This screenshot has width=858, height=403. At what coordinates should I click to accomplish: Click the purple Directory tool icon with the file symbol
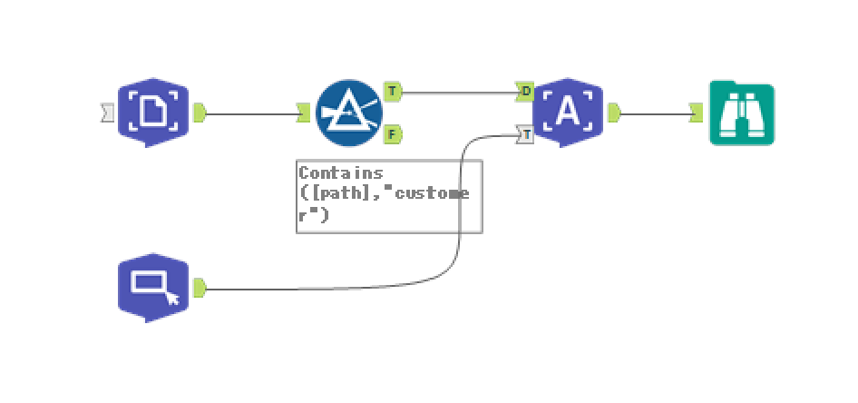[153, 112]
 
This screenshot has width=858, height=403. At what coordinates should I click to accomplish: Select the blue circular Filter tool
[349, 113]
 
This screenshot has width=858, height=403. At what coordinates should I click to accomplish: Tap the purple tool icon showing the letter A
[567, 112]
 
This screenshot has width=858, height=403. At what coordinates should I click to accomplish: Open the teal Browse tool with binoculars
[742, 113]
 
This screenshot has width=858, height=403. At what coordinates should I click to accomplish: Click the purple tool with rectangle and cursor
[153, 287]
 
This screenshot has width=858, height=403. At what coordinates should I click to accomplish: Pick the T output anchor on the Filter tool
[392, 91]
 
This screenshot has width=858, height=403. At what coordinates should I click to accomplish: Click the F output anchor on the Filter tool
[392, 134]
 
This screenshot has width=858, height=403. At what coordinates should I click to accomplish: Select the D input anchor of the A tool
[525, 91]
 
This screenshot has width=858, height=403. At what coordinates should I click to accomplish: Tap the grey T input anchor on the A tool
[525, 134]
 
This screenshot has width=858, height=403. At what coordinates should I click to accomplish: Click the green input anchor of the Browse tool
[696, 113]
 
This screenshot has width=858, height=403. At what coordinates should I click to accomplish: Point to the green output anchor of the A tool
[613, 113]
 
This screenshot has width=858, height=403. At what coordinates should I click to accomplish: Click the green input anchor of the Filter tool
[304, 113]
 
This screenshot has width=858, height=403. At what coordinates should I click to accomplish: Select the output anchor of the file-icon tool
[200, 113]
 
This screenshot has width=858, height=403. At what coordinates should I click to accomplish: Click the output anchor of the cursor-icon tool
[200, 288]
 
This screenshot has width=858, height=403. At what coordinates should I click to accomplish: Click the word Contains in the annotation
[341, 172]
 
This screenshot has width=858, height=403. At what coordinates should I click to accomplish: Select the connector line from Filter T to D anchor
[458, 92]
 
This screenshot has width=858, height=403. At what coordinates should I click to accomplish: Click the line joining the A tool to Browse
[655, 113]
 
